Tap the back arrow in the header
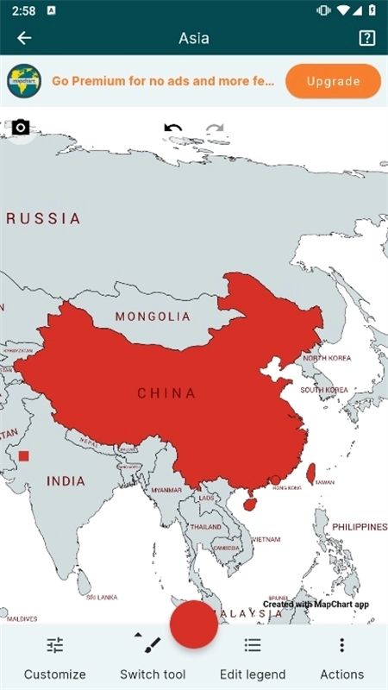tap(24, 38)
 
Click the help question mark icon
tap(366, 38)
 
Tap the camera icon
tap(21, 128)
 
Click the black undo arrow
tap(173, 129)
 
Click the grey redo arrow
tap(215, 130)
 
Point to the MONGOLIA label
tap(153, 317)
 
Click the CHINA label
tap(166, 393)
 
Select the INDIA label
tap(66, 481)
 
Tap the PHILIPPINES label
tap(360, 526)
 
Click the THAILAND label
tap(205, 527)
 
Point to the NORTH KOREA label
tap(327, 358)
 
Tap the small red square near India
tap(24, 455)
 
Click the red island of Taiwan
tap(311, 473)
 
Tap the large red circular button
tap(194, 624)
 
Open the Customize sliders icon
tap(55, 645)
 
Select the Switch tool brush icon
tap(152, 644)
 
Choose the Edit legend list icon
tap(253, 645)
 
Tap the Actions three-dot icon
tap(341, 645)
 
